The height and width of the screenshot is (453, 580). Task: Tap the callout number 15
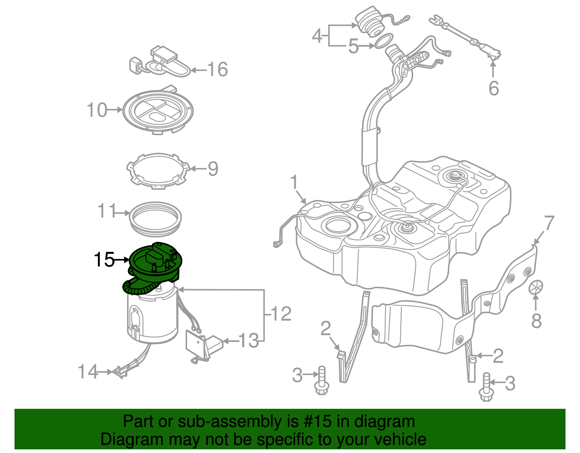[x=104, y=260]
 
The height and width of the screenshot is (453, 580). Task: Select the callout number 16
[x=217, y=69]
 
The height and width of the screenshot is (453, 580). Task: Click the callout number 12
[x=281, y=314]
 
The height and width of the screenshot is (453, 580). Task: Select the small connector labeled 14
[x=120, y=372]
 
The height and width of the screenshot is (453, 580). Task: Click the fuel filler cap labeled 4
[x=369, y=22]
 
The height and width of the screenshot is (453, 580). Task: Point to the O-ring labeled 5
[x=384, y=41]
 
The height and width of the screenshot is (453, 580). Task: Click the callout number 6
[x=494, y=88]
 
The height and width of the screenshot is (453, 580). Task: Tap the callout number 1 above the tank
[x=294, y=182]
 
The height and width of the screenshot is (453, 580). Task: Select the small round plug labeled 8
[x=536, y=287]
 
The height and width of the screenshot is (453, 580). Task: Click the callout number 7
[x=549, y=223]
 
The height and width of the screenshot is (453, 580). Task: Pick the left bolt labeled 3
[x=322, y=381]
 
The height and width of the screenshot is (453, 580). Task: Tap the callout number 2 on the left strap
[x=326, y=328]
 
